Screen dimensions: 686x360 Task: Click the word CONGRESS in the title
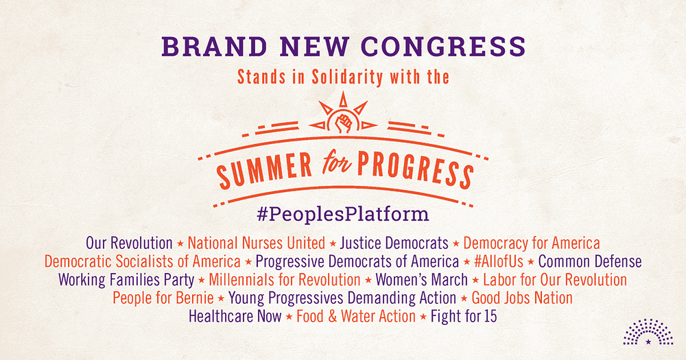444,47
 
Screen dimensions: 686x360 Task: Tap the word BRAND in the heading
214,47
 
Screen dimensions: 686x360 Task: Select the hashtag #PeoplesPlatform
343,215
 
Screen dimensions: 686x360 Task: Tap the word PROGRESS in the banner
416,169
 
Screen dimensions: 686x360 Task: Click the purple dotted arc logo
648,332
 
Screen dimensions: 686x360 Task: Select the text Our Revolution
129,243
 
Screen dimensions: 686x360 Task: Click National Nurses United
257,243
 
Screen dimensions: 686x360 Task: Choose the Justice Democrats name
394,243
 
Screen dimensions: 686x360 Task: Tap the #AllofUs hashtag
498,261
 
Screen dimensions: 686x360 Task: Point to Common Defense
590,261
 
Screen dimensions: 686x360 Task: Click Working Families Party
126,280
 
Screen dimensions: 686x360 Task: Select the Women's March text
421,280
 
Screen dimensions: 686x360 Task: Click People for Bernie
163,298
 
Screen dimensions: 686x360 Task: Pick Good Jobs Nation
522,298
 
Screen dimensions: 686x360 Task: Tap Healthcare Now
235,317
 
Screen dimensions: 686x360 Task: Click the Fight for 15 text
464,317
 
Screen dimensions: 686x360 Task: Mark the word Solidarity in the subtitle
347,77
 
